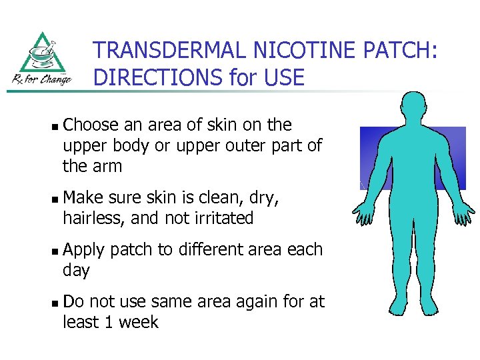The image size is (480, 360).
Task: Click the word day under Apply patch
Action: coord(76,271)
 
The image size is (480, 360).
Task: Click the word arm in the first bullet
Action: coord(107,167)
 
